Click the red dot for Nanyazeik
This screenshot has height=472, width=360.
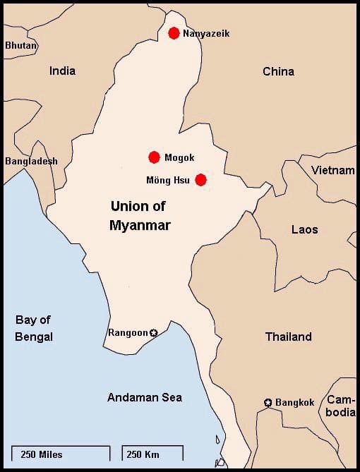pos(174,33)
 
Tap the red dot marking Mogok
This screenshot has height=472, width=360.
pos(154,157)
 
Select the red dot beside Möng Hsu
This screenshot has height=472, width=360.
pos(200,180)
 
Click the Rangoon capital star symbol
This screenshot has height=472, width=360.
pos(154,332)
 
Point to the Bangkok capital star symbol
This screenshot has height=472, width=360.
pos(268,403)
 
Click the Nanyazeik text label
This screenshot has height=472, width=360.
pos(206,34)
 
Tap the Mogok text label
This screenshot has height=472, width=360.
pos(179,158)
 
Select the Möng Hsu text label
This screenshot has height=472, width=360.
pos(169,180)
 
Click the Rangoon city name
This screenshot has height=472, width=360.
pos(127,332)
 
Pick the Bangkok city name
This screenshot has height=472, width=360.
pos(294,403)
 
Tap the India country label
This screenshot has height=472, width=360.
pos(62,71)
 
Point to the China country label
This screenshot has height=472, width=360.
pos(278,71)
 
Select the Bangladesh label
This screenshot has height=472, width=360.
pos(31,161)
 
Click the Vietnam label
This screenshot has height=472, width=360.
pos(332,170)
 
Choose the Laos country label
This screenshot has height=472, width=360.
pos(304,229)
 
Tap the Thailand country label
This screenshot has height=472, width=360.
pos(288,337)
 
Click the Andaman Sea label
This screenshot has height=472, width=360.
pos(144,397)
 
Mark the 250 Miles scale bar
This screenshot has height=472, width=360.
pos(61,453)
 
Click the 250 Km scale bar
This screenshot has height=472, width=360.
pos(152,453)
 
